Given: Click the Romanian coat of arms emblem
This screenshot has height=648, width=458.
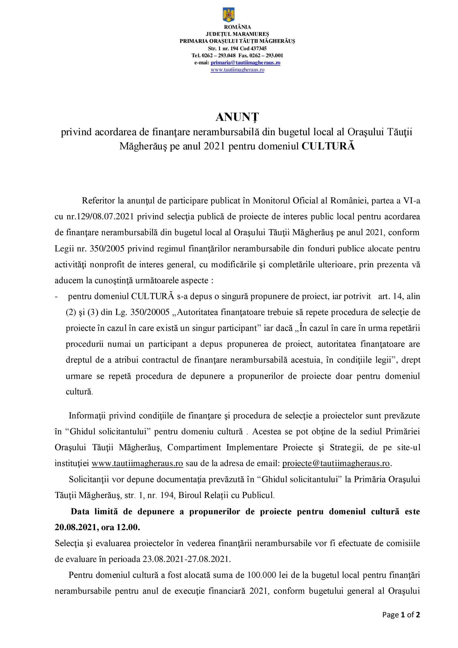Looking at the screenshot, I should [228, 15].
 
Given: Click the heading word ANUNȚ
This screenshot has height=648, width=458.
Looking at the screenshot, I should [237, 117].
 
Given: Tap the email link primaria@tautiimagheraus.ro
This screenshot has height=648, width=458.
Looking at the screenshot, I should [245, 63].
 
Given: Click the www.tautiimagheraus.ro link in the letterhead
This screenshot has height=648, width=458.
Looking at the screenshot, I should [237, 70].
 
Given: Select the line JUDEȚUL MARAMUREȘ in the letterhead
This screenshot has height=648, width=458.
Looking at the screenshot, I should [237, 34].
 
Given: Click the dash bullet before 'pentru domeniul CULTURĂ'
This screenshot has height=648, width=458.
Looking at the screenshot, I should [57, 297].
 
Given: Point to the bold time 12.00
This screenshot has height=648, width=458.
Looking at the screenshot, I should [128, 527].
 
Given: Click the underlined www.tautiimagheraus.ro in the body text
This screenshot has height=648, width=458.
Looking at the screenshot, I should [137, 463].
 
